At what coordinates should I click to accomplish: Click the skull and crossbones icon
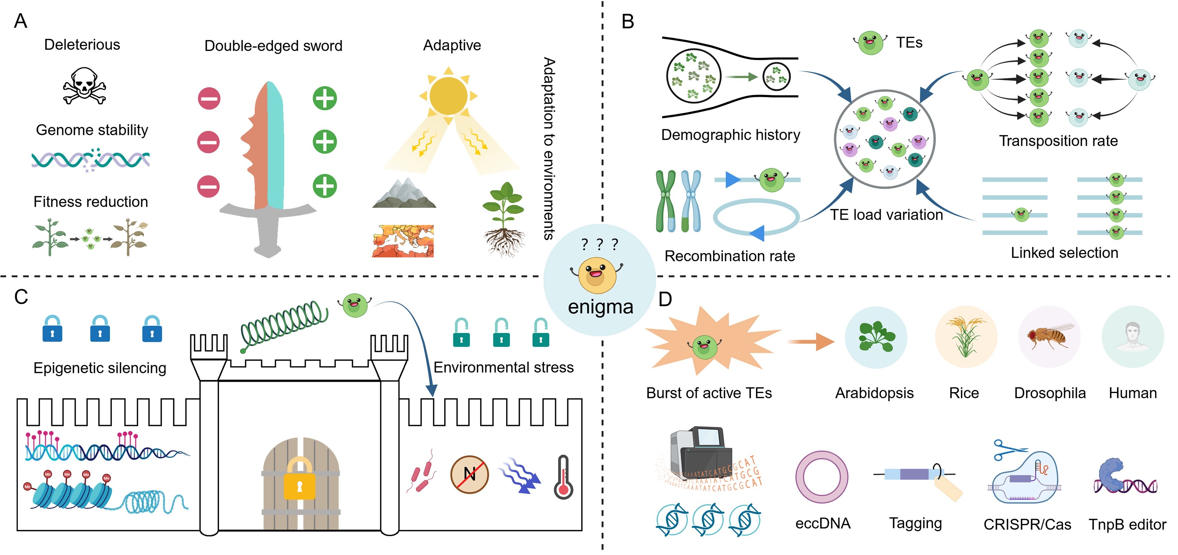pos(84,86)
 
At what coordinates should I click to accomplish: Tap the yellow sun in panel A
pos(448,96)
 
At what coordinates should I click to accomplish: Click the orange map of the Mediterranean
pos(403,241)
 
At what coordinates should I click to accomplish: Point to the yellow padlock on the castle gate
pos(300,480)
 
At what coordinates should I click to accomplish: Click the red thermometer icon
pos(563,477)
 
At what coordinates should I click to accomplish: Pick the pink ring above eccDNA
pos(822,477)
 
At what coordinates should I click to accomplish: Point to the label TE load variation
pos(886,215)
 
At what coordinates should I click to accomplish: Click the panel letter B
pos(628,21)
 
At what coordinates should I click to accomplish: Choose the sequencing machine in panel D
pos(699,452)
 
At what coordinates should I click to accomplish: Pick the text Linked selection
pos(1064,253)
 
